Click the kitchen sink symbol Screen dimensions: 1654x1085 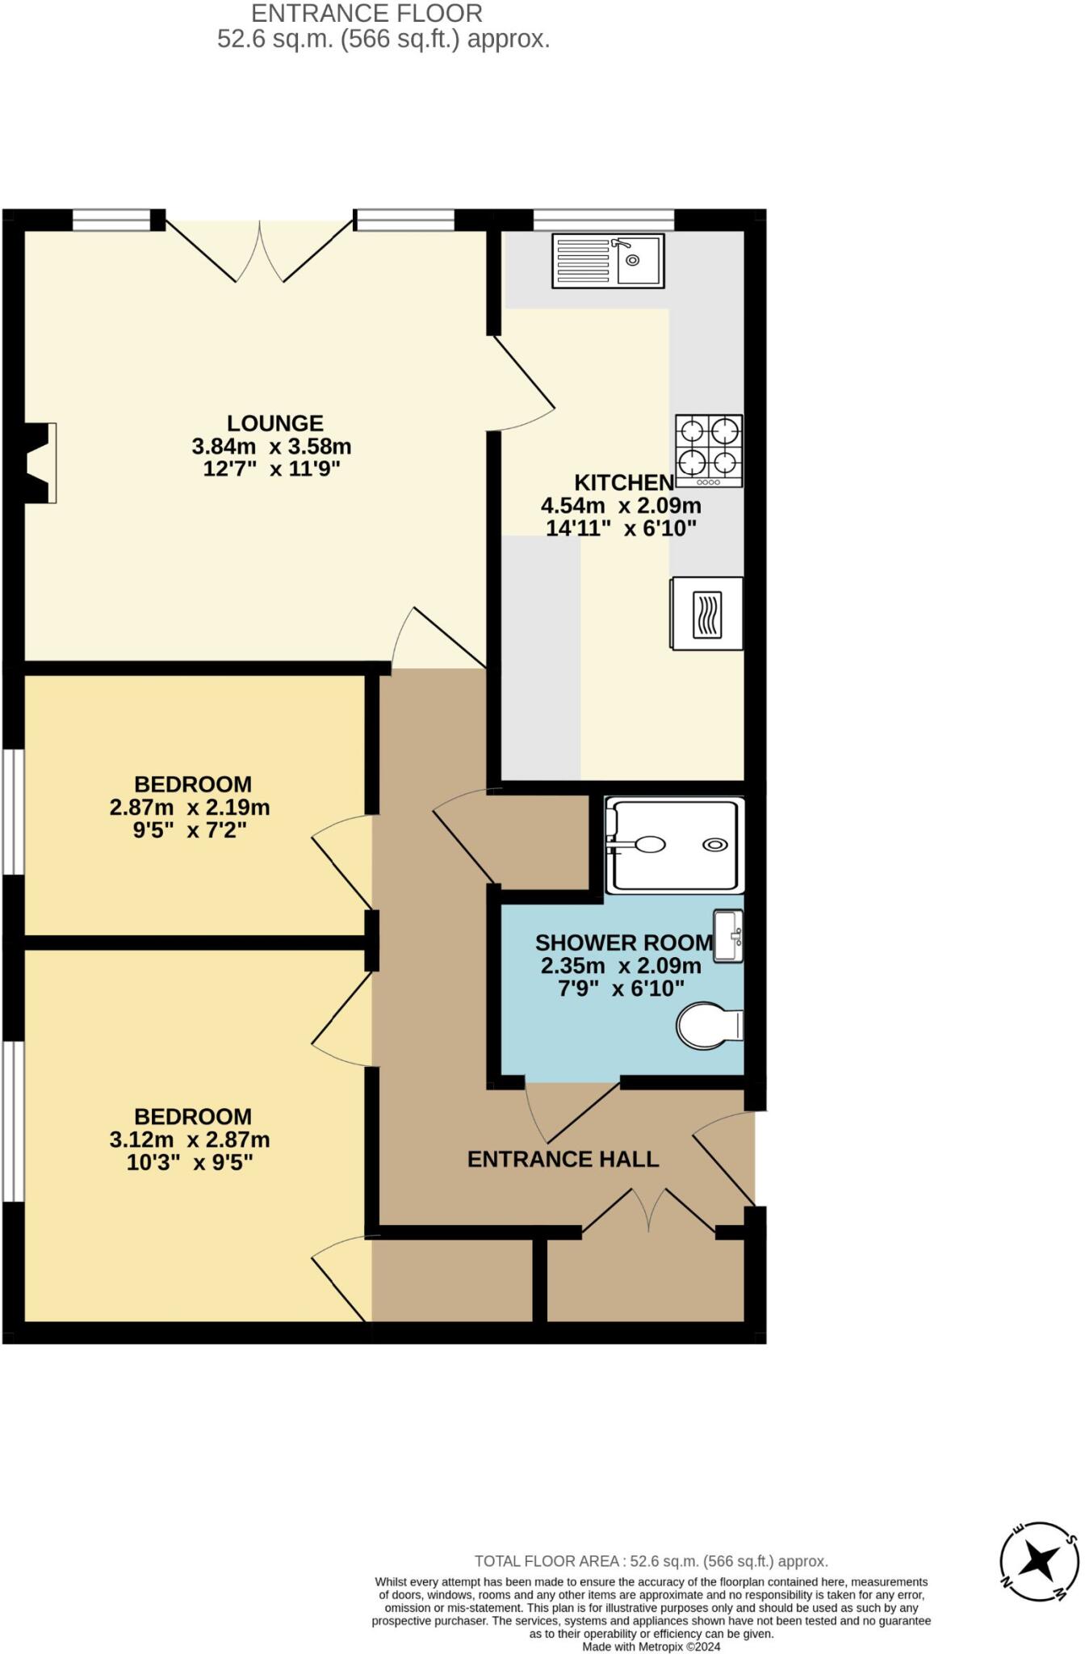608,260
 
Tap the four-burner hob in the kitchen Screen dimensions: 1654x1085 709,451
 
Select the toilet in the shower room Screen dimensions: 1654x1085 708,1026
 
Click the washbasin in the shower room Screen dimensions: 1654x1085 728,935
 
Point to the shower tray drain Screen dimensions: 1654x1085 714,845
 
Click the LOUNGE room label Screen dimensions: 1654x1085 274,423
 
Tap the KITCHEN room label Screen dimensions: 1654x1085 623,483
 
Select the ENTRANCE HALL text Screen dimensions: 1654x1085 563,1159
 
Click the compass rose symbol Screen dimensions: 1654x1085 1038,1562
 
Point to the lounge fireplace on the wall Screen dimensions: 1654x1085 39,464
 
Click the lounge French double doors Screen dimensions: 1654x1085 259,250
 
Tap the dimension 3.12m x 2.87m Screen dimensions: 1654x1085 190,1140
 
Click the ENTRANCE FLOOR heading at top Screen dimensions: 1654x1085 367,14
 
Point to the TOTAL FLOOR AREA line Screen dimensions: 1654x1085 651,1561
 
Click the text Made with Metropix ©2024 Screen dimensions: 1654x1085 651,1647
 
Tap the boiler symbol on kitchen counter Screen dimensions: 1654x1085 707,613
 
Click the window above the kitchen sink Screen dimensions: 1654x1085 603,219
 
